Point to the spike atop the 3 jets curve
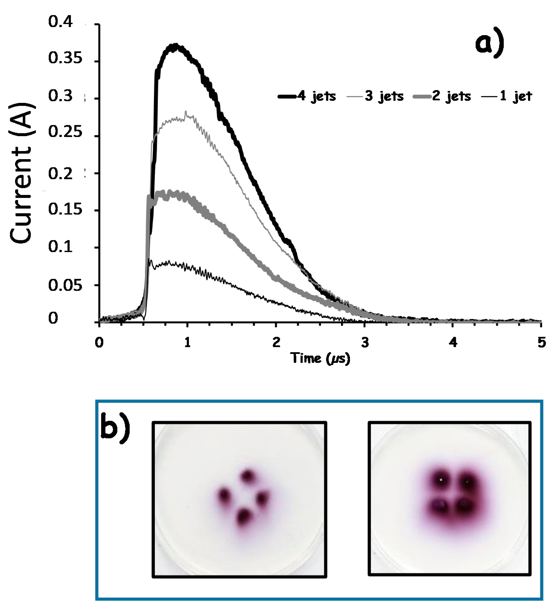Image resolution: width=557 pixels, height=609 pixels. pyautogui.click(x=186, y=112)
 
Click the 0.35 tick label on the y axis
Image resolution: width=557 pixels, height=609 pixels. pyautogui.click(x=65, y=59)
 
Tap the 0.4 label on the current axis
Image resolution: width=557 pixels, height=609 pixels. pyautogui.click(x=60, y=22)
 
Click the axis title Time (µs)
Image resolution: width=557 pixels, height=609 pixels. pyautogui.click(x=320, y=358)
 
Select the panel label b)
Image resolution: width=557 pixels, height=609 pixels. pyautogui.click(x=115, y=428)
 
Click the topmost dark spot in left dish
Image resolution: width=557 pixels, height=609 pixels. pyautogui.click(x=248, y=476)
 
